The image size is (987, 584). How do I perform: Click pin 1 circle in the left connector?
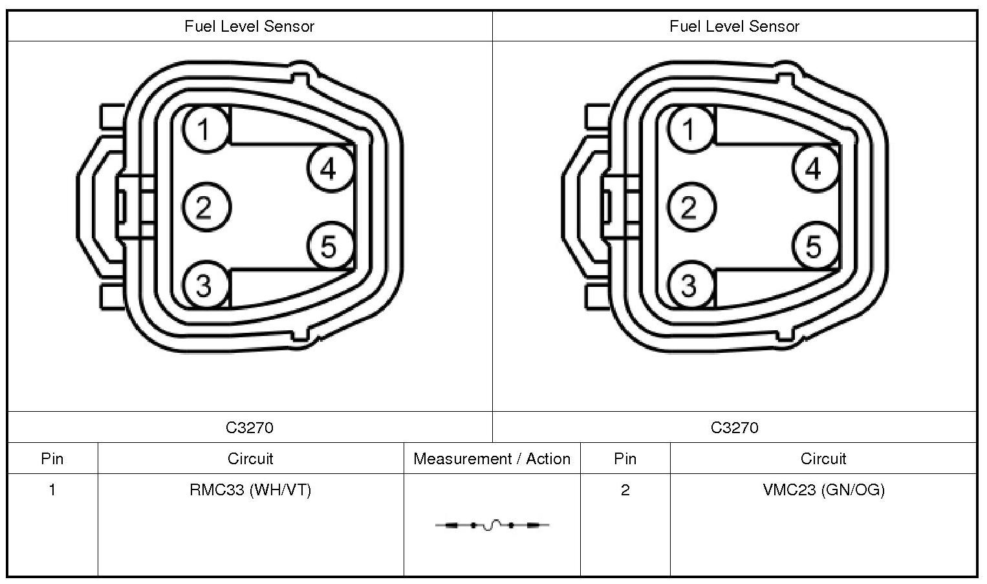coord(206,129)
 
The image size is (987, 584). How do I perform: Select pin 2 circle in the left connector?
coord(206,207)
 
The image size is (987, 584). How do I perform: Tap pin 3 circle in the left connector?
coord(206,284)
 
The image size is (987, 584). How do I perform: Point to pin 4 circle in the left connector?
coord(330,168)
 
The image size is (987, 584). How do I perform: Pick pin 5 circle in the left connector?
coord(330,245)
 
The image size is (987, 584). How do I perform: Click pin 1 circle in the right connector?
coord(691,129)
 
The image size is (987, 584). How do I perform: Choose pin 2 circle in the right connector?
coord(691,207)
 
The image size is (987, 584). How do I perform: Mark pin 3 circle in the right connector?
coord(691,284)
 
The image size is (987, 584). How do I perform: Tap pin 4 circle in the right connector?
coord(815,168)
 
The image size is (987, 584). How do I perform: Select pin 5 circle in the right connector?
coord(815,245)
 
